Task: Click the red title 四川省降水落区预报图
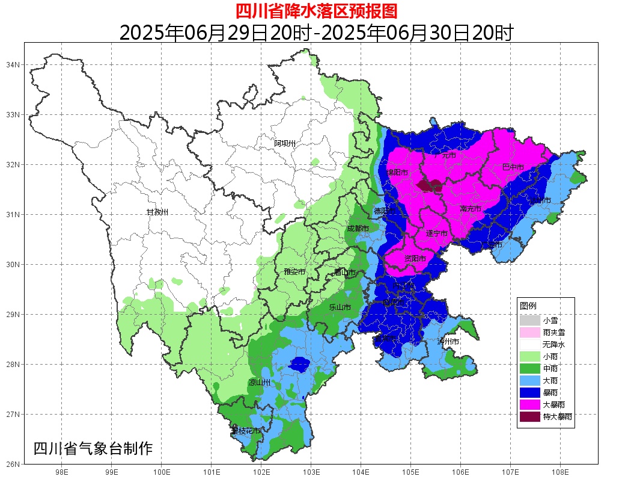coord(316,11)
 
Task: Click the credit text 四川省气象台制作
coord(93,448)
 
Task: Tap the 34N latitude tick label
coord(13,64)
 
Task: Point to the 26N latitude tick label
coord(13,464)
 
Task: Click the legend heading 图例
coord(528,306)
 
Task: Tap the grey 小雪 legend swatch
coord(530,320)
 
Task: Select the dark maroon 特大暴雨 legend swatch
coord(530,416)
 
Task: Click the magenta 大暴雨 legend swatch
coord(530,404)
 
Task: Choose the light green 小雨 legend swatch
coord(530,356)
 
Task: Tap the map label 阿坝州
coord(285,143)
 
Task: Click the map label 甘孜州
coord(157,212)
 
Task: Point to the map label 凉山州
coord(260,383)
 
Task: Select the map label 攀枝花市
coord(246,431)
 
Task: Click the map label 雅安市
coord(294,272)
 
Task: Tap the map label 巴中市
coord(513,167)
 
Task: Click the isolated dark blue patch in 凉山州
coord(299,363)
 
